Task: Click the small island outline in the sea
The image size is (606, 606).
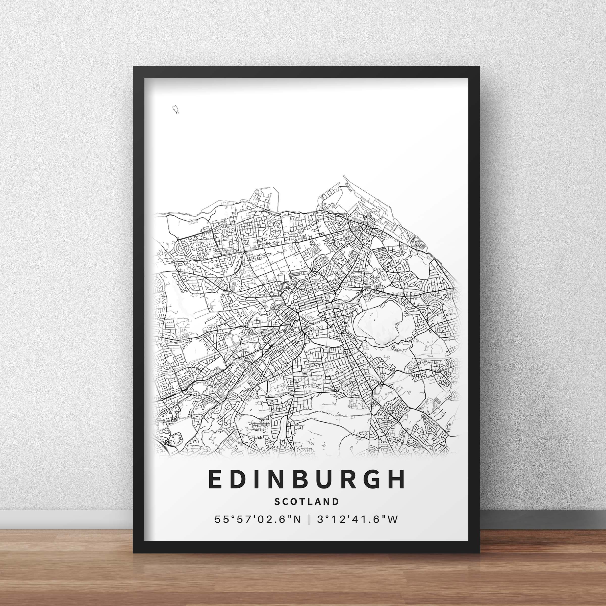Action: tap(175, 109)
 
